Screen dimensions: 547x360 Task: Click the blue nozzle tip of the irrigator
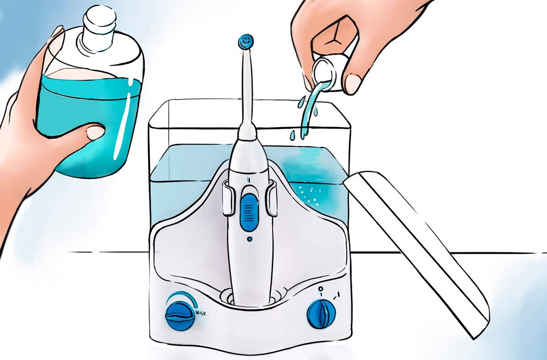(x=246, y=42)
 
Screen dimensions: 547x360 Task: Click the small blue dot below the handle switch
(x=249, y=239)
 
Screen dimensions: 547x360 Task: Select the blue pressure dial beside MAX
(x=181, y=316)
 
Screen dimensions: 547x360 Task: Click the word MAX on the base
(x=201, y=313)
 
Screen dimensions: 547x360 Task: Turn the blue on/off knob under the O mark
(x=321, y=314)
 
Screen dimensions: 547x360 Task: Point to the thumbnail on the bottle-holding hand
(x=95, y=132)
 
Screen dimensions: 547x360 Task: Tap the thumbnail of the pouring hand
(x=353, y=84)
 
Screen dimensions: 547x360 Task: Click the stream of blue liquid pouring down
(x=310, y=110)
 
